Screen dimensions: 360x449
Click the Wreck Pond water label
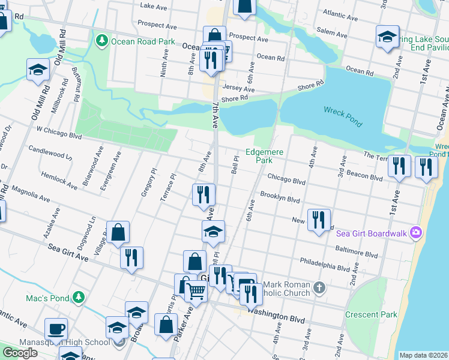[343, 116]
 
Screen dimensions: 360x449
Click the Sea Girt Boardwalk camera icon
[415, 233]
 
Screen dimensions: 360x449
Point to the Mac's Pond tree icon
[78, 297]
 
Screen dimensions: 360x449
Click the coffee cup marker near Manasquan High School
[56, 329]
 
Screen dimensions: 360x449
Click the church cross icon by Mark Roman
[319, 289]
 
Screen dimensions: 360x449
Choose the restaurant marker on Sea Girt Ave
[131, 257]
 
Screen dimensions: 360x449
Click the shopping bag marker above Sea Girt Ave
[119, 232]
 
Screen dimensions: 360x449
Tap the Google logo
[20, 352]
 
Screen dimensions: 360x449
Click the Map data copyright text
[423, 355]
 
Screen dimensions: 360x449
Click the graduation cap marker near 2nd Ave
[388, 37]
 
